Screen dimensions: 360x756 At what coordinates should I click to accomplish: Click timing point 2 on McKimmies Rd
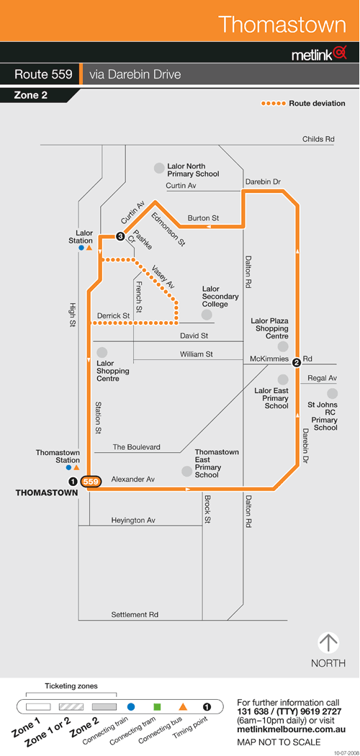tap(297, 361)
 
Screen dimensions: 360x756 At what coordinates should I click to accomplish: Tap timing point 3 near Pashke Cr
tap(120, 236)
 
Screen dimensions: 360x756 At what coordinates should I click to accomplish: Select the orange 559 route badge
tap(91, 481)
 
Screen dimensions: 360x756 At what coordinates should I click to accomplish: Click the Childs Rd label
tap(318, 139)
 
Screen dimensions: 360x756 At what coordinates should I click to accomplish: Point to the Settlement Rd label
tap(135, 615)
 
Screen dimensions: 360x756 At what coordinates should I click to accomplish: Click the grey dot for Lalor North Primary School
tap(158, 168)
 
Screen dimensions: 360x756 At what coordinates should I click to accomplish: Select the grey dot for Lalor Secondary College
tap(207, 315)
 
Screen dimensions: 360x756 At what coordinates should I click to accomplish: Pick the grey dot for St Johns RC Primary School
tap(332, 393)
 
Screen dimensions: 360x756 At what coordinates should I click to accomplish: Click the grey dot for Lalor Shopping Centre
tap(102, 353)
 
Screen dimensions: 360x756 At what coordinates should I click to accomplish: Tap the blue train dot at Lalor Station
tap(81, 248)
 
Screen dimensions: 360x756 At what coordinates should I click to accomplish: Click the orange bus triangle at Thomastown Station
tap(76, 467)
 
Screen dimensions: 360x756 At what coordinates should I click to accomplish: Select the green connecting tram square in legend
tap(157, 707)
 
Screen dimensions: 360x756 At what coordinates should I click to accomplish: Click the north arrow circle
tap(328, 643)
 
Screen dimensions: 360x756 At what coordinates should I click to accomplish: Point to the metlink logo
tap(319, 53)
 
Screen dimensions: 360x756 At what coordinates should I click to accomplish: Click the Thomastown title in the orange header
tap(282, 24)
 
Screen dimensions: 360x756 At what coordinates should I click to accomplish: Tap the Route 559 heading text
tap(43, 75)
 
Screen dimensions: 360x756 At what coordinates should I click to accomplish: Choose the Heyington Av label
tap(133, 521)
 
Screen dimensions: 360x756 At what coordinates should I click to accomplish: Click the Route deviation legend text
tap(317, 103)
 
